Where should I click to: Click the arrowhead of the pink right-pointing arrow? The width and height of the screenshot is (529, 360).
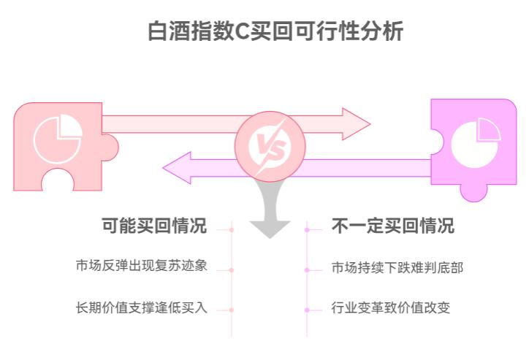[357, 124]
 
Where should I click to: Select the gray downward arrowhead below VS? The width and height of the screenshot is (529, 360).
[270, 226]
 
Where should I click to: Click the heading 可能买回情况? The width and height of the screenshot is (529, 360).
[154, 226]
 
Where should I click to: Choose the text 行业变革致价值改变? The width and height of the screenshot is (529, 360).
[390, 307]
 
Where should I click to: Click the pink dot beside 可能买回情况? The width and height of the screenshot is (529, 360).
[232, 229]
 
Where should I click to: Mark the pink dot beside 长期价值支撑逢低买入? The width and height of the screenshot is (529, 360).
[232, 310]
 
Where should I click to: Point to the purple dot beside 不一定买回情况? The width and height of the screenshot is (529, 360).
[308, 229]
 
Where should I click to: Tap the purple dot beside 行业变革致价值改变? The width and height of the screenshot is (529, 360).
[308, 310]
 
